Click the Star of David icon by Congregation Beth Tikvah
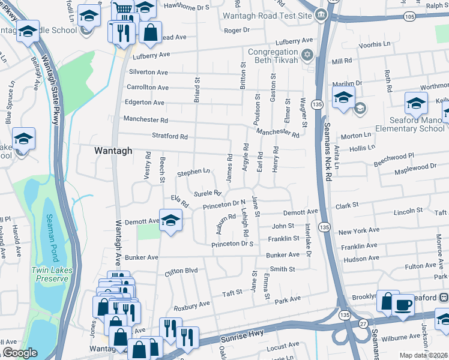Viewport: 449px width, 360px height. tap(307, 56)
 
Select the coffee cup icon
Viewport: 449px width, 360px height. tap(403, 304)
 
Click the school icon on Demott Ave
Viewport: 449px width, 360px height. tap(170, 220)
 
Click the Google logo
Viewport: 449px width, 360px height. tap(20, 353)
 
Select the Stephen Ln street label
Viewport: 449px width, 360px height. tap(193, 173)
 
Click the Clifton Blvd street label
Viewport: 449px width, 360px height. tap(181, 271)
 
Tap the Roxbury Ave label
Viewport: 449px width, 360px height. tap(191, 305)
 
